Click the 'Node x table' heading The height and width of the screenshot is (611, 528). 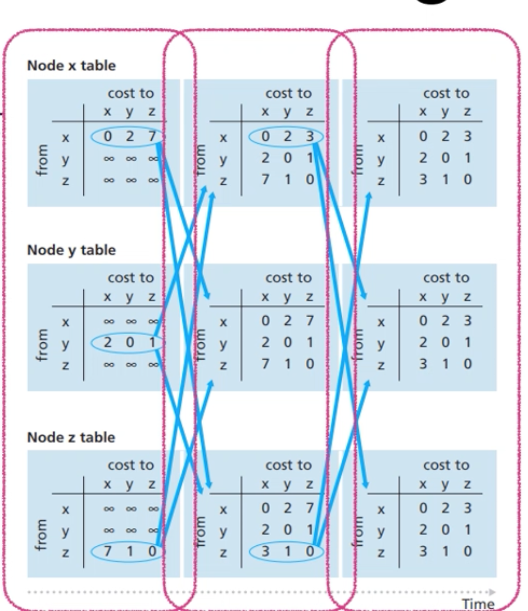pyautogui.click(x=71, y=65)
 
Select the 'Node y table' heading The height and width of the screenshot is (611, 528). pyautogui.click(x=71, y=250)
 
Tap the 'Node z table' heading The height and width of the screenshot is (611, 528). pyautogui.click(x=71, y=437)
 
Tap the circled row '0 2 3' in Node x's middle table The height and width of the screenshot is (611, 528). pyautogui.click(x=286, y=137)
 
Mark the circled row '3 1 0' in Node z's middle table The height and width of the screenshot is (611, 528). pyautogui.click(x=286, y=551)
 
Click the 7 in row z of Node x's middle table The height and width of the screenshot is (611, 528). pyautogui.click(x=265, y=179)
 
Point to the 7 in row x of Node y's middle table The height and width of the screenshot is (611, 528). pyautogui.click(x=310, y=321)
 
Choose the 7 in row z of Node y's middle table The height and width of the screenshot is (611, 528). pyautogui.click(x=265, y=364)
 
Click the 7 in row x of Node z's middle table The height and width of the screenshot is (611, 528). pyautogui.click(x=310, y=508)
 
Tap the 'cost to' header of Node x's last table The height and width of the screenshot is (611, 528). pyautogui.click(x=446, y=93)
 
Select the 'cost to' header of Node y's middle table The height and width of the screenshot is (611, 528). pyautogui.click(x=288, y=278)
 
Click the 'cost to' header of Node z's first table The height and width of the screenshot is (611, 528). pyautogui.click(x=130, y=465)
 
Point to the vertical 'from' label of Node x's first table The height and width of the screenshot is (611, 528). pyautogui.click(x=42, y=160)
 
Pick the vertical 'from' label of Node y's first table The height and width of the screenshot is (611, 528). pyautogui.click(x=42, y=345)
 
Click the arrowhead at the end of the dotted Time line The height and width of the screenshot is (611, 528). pyautogui.click(x=493, y=592)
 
